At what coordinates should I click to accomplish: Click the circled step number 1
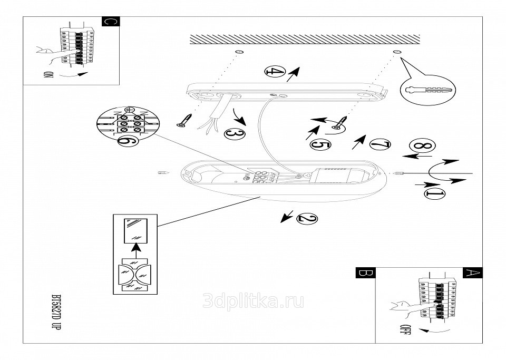pos(434,193)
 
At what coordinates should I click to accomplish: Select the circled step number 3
pos(234,134)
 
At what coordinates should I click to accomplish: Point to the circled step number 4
pos(274,72)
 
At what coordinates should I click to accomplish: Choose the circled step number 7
pos(380,143)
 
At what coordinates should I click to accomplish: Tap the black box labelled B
pos(364,274)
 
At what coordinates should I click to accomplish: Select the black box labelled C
pos(110,22)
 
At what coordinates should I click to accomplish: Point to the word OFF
pos(405,332)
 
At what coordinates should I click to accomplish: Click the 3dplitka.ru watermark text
pos(253,301)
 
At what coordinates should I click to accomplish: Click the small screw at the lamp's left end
pos(164,172)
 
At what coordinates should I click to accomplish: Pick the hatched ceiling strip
pos(305,40)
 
